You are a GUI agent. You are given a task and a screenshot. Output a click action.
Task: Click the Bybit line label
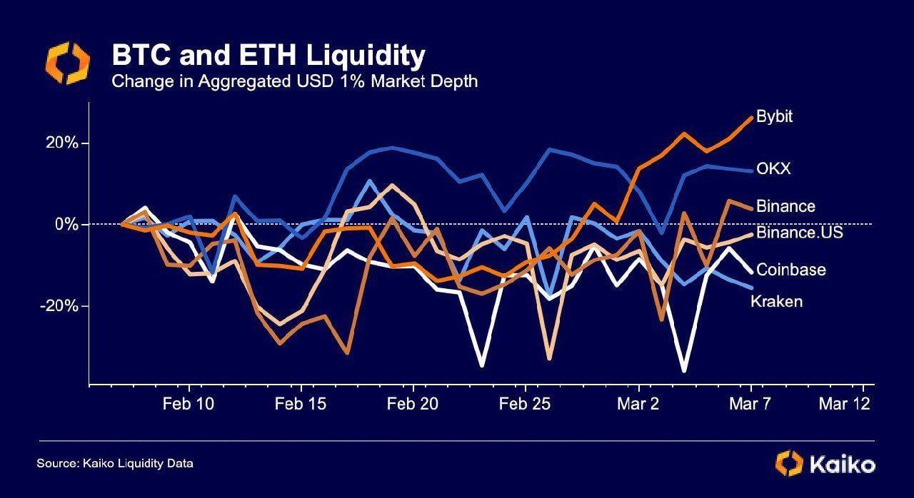(x=774, y=117)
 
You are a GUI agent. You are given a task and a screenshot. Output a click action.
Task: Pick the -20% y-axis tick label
(x=61, y=306)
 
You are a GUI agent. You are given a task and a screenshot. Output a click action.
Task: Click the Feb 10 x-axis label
(x=189, y=404)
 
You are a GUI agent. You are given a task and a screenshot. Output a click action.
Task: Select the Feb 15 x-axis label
(x=301, y=404)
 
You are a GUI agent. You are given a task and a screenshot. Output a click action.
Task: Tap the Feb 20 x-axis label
(x=413, y=404)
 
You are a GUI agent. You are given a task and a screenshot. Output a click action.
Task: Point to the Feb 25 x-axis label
(x=525, y=404)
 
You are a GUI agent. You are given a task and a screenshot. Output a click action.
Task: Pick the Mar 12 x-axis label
(x=845, y=404)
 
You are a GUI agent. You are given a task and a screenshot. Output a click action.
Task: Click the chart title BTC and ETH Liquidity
(x=268, y=56)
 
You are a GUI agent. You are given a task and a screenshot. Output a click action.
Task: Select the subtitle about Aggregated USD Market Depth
(x=294, y=81)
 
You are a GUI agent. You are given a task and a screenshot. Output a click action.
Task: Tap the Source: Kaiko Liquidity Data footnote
(x=115, y=464)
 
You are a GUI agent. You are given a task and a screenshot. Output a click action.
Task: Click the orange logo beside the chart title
(x=68, y=63)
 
